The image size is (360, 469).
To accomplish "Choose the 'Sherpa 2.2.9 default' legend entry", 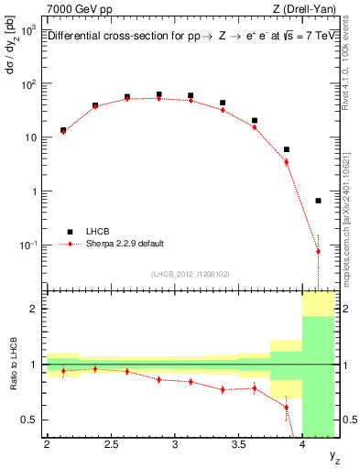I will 125,245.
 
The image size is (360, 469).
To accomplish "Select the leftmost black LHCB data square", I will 63,130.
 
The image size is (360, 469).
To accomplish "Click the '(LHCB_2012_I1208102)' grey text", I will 190,274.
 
